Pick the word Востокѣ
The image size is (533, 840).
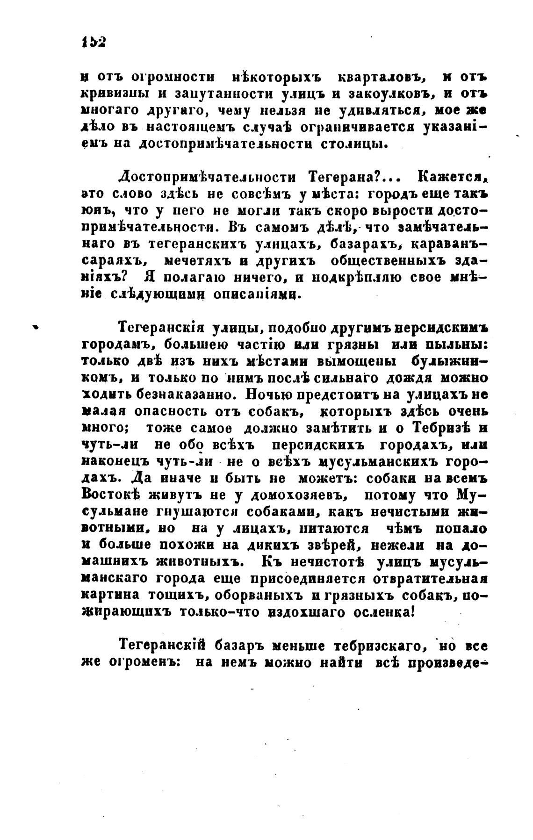pos(112,495)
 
